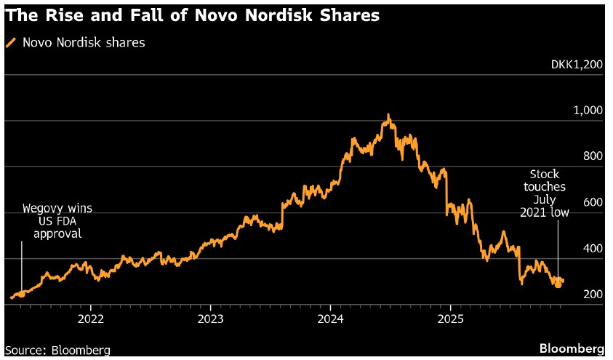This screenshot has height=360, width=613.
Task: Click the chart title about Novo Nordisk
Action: [x=192, y=15]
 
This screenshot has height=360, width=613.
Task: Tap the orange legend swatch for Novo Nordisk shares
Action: [x=10, y=43]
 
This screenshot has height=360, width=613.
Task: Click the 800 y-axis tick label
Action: [x=593, y=156]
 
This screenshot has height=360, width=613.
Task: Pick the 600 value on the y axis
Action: [x=593, y=202]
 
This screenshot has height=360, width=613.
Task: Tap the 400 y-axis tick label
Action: [x=593, y=248]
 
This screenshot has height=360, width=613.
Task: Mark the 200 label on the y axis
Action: [x=593, y=294]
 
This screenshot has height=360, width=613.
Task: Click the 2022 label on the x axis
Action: [x=90, y=319]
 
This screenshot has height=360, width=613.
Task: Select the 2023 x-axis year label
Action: [x=210, y=319]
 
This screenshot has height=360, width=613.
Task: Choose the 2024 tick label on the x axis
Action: [x=330, y=319]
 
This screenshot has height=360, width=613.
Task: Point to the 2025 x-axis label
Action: [x=450, y=319]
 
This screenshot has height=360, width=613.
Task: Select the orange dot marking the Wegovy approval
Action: [x=21, y=295]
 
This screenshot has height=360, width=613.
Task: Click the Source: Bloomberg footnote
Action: [x=57, y=350]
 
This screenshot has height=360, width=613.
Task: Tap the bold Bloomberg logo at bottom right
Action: [x=572, y=348]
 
